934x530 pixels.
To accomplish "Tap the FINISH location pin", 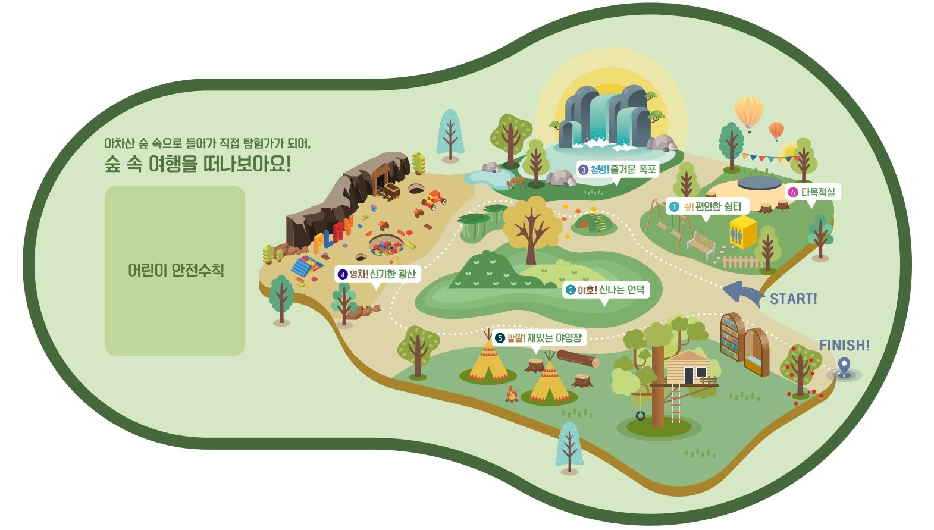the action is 844,368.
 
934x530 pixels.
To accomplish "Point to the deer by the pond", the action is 516,183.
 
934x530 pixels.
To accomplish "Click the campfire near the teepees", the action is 512,394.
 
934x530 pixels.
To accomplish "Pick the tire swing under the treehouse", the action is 640,415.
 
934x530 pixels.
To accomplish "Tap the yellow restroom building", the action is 742,232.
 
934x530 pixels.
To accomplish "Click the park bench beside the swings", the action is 701,245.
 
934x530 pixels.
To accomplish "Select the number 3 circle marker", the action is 583,170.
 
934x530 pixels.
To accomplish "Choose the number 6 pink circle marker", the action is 792,192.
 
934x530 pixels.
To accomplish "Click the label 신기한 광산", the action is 393,274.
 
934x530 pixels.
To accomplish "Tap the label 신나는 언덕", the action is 622,290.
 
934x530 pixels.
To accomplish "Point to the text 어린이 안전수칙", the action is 176,270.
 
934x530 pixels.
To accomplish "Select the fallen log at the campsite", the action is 578,359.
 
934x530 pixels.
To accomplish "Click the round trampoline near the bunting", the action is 759,183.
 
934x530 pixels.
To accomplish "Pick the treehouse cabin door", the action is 688,376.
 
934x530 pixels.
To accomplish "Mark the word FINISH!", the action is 844,345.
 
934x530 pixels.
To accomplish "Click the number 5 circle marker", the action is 500,338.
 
